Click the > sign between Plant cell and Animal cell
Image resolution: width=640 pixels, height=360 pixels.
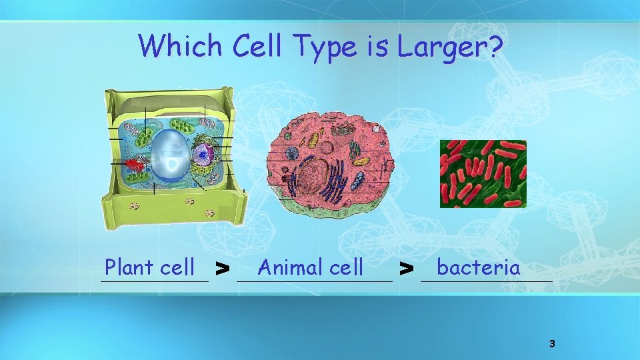[x=223, y=269]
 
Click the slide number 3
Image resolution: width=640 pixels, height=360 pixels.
[x=551, y=344]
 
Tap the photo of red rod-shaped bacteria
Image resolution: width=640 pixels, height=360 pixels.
[x=483, y=173]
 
